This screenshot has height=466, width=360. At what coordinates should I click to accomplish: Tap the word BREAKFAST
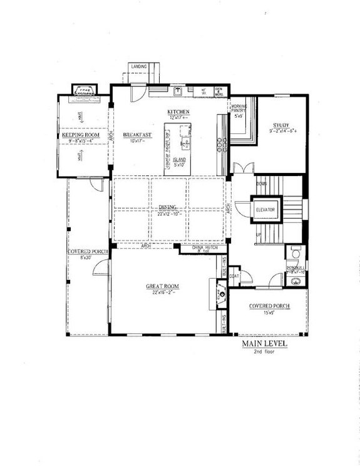(136, 135)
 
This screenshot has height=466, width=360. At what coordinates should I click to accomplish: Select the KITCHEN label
(178, 112)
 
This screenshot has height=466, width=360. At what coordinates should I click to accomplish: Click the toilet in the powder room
(293, 254)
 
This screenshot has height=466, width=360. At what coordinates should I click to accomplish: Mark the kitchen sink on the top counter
(178, 91)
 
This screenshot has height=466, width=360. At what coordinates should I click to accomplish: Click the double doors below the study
(240, 168)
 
